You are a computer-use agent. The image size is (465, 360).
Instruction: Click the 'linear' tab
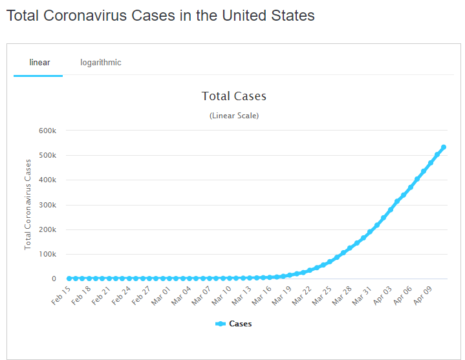pos(39,63)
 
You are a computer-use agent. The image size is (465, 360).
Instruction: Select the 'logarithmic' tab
pos(101,63)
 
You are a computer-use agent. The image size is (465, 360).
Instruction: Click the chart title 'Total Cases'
pos(234,96)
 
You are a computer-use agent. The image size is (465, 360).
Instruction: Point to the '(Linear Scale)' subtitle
pos(234,116)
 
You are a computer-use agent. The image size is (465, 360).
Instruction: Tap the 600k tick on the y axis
pos(48,131)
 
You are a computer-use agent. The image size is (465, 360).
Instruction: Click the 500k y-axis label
pos(48,155)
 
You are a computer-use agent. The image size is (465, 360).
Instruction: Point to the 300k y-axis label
pos(48,205)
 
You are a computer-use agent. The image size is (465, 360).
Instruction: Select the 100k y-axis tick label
pos(48,254)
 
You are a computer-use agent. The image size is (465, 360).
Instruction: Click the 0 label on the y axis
pos(54,279)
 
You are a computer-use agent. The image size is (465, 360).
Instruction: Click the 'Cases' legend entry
pos(240,324)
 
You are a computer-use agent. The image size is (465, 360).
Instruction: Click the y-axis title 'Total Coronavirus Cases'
pos(28,204)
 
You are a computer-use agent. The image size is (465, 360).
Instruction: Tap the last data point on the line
pos(444,147)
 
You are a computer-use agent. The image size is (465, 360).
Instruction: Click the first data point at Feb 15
pos(69,279)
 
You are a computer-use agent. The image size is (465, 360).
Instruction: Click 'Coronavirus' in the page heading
pos(96,16)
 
